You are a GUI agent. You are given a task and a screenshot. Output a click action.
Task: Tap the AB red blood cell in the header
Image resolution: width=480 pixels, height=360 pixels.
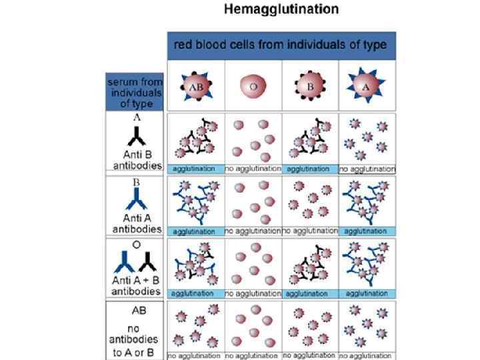pos(195,86)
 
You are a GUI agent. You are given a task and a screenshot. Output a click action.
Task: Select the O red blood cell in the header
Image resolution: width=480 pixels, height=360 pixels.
pos(253,86)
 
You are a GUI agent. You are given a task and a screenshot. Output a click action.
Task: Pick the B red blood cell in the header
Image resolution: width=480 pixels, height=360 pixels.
pos(310,86)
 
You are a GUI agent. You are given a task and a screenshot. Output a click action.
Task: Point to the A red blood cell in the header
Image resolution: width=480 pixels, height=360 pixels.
pos(367,86)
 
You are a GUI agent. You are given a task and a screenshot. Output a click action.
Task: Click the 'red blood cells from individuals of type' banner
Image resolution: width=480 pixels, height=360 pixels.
pos(281,45)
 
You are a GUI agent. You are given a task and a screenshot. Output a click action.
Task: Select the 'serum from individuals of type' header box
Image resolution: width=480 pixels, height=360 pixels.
pos(134,92)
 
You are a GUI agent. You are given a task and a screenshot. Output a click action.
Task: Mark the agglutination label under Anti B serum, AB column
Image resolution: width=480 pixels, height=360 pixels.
pos(195,169)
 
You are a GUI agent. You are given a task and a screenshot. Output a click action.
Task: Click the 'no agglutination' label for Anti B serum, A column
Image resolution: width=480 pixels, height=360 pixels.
pos(367,169)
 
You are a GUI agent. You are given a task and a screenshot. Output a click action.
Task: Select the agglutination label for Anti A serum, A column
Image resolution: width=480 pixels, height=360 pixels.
pos(367,231)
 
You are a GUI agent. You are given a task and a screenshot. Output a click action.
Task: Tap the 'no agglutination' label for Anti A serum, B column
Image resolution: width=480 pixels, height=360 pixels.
pos(310,231)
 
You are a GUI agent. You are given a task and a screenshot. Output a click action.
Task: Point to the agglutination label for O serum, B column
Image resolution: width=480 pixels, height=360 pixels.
pos(310,293)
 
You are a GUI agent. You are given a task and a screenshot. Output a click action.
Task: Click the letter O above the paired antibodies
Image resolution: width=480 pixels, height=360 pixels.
pos(135,245)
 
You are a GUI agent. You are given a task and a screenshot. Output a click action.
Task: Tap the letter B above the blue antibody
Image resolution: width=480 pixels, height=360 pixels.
pos(135,181)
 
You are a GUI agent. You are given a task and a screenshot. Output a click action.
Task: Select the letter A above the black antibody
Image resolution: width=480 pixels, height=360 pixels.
pos(135,117)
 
